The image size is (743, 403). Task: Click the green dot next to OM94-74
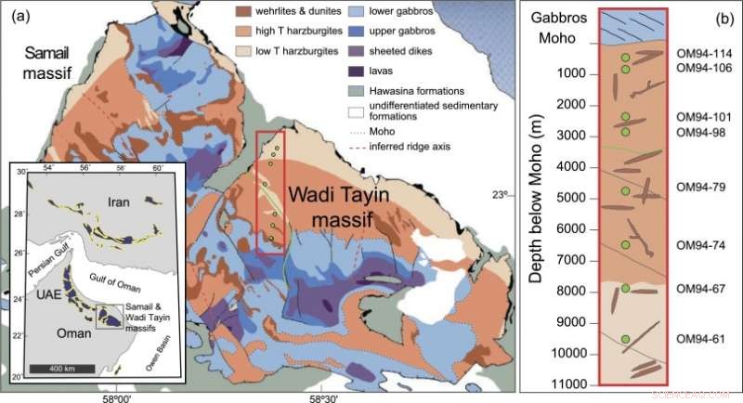[625, 243]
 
